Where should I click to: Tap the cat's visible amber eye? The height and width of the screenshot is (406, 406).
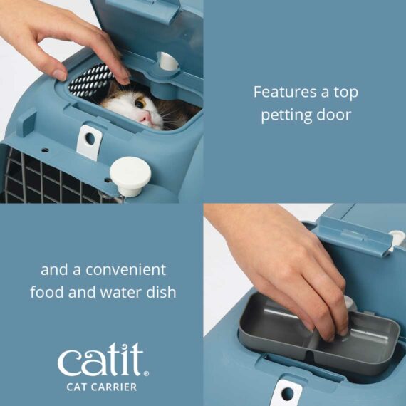[140, 105]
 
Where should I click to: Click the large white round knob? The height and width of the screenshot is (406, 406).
[130, 172]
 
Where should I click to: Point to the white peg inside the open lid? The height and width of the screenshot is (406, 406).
[169, 63]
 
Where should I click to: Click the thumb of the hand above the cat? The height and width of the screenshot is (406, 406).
[112, 61]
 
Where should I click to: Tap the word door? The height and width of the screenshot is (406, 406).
[333, 114]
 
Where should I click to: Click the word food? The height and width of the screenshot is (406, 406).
[48, 292]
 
